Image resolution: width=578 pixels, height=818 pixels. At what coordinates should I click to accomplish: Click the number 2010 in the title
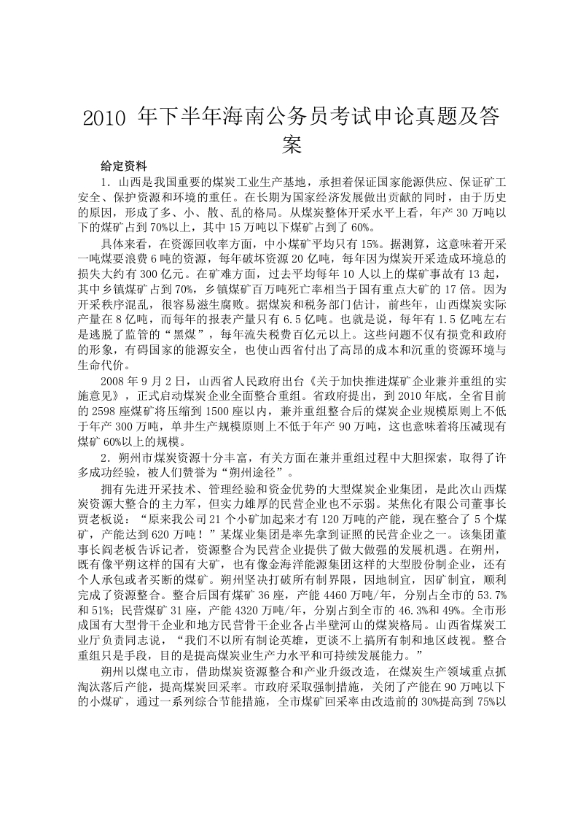click(x=106, y=117)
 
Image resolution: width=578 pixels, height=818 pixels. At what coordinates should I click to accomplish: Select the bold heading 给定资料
click(x=124, y=166)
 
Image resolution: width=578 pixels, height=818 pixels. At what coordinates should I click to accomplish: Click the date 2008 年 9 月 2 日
click(x=144, y=380)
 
